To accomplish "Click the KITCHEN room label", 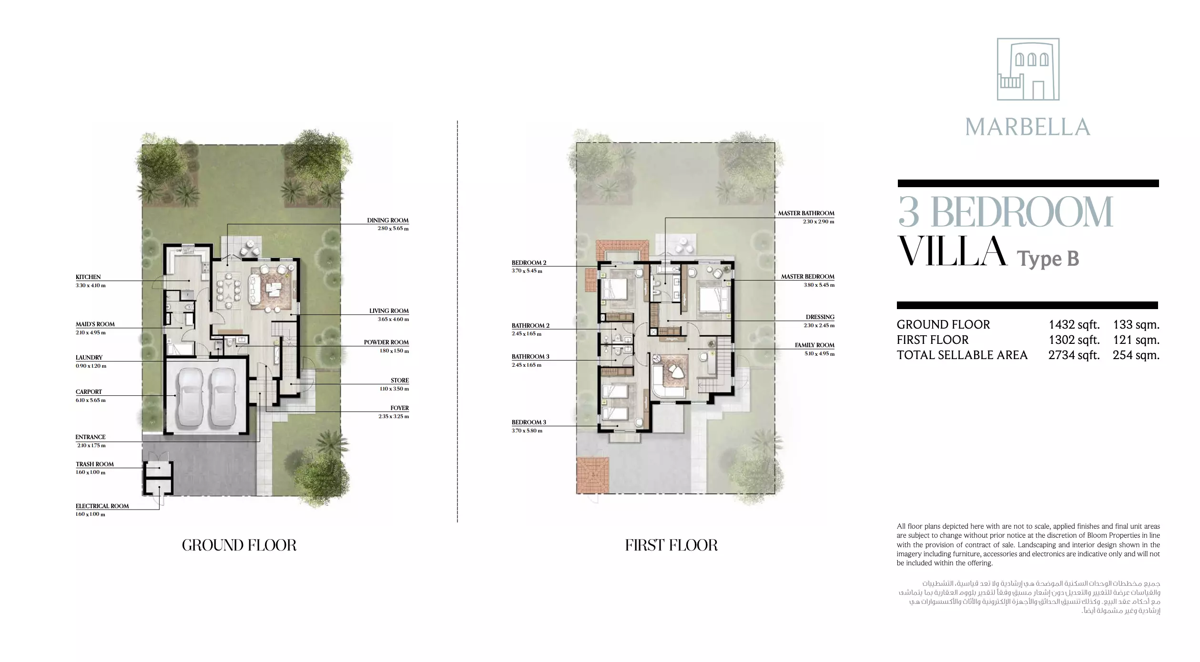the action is coord(88,277).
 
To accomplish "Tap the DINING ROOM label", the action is coord(388,221).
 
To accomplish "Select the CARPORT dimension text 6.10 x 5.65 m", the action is coord(91,400).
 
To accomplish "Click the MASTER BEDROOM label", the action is coord(808,277).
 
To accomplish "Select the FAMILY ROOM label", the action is coord(814,345).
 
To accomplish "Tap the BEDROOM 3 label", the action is coord(529,422).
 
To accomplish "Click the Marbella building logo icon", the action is coord(1028,69).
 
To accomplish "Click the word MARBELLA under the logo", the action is coord(1028,127).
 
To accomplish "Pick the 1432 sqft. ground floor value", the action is coord(1074,324).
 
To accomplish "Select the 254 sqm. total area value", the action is coord(1136,355).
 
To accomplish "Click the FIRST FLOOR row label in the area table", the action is coord(933,340).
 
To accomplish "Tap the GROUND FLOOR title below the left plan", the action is coord(239,545).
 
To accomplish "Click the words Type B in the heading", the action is coord(1048,259).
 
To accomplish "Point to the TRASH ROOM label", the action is coord(95,464).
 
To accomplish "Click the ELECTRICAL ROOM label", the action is coord(102,506).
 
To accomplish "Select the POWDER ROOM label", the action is coord(386,342).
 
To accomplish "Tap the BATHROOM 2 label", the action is coord(530,326).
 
